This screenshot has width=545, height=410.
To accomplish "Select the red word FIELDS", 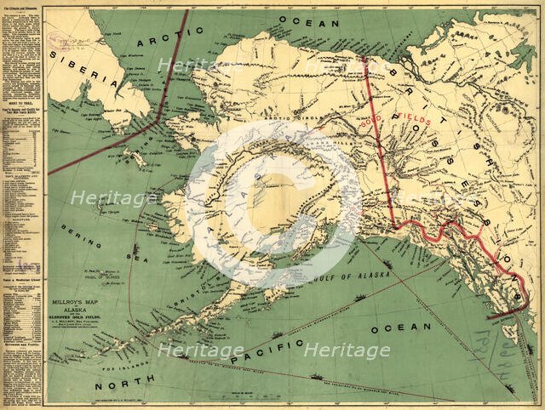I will point(411,120).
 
